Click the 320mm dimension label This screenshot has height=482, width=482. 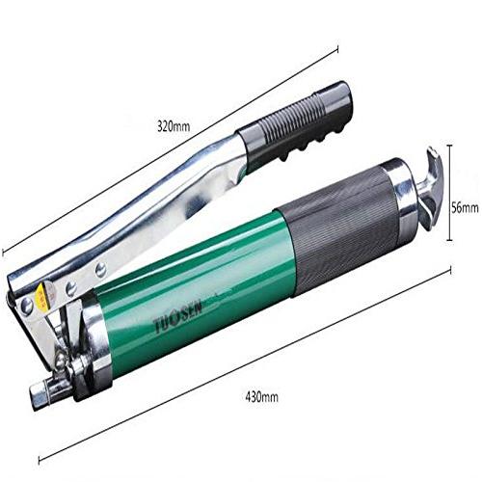pos(174,126)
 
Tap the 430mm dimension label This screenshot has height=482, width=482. pos(261,397)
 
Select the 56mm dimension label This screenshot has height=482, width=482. pos(465,208)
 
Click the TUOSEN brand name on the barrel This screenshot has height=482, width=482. pos(178,316)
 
